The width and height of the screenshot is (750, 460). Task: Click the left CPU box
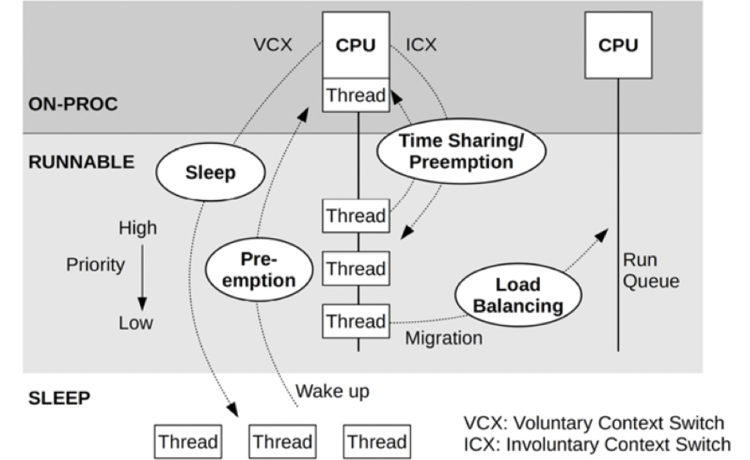pos(355,46)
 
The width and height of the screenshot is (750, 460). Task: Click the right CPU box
pos(618,46)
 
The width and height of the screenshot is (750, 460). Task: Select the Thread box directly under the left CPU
pos(355,96)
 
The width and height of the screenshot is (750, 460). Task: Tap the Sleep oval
pos(210,173)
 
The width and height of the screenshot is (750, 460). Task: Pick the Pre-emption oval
pos(259,269)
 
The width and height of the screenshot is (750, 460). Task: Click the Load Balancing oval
pos(518,294)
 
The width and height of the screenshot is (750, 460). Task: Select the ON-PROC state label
pos(73,104)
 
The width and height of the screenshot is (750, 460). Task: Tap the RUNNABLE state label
pos(81,162)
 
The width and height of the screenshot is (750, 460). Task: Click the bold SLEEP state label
pos(59,398)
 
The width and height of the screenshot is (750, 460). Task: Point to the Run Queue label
pos(650,271)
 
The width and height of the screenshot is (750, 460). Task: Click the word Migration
pos(444,338)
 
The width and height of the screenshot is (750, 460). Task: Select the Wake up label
pos(332,391)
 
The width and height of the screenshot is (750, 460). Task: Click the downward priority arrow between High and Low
pos(142,275)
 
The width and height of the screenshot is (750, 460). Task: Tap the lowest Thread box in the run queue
pos(355,321)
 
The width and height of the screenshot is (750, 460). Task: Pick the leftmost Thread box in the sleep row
pos(188,442)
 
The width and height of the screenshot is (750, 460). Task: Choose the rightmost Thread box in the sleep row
pos(376,442)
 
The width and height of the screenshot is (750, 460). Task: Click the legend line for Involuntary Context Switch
pos(596,444)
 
